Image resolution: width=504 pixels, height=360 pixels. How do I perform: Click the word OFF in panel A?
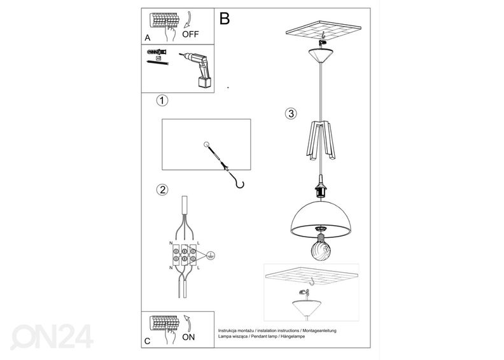191,34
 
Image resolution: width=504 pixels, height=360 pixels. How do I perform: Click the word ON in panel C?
188,337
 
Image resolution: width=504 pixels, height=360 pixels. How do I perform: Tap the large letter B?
225,18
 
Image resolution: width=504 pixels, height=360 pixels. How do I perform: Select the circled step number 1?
162,100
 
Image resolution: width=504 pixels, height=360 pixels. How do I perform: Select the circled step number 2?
162,190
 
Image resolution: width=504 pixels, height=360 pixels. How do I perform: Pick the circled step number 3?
291,114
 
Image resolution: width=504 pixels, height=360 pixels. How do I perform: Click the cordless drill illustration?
196,70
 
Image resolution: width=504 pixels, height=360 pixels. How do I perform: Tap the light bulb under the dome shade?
321,247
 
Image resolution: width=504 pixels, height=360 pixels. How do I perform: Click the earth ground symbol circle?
211,255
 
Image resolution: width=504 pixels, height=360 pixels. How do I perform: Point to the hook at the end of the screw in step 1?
240,184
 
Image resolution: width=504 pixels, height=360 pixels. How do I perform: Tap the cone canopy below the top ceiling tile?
321,55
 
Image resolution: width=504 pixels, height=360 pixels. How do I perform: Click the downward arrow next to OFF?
188,20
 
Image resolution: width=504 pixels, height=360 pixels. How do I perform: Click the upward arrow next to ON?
188,323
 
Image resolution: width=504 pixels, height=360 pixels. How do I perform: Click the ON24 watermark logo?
52,336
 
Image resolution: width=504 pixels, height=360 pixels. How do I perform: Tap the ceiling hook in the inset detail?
311,282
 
